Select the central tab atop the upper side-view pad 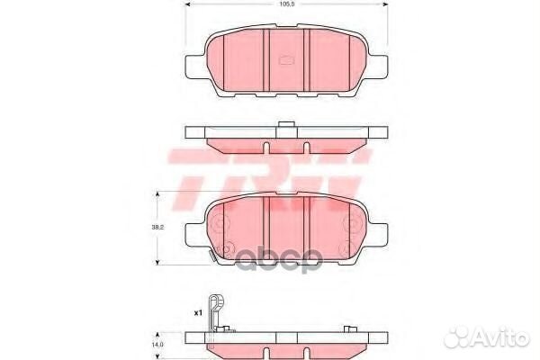pyautogui.click(x=285, y=125)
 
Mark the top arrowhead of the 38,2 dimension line pyautogui.click(x=159, y=194)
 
